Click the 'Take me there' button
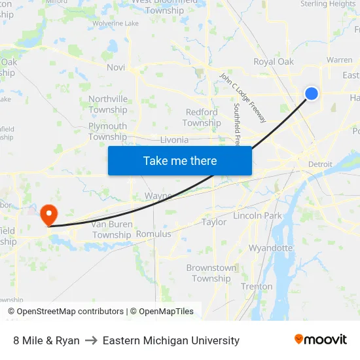tap(179, 160)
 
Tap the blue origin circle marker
tap(312, 94)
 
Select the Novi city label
tap(116, 67)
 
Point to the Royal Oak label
tap(274, 62)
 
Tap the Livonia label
tap(174, 140)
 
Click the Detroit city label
tap(320, 164)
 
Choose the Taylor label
tap(214, 222)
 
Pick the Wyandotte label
tap(270, 248)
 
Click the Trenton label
tap(257, 286)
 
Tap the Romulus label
tap(153, 234)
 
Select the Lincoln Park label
tap(257, 215)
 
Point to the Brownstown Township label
tap(211, 273)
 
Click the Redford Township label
tap(202, 118)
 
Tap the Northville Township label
tap(108, 104)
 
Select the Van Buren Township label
tap(111, 230)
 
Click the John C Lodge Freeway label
tap(243, 98)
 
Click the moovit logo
tap(321, 340)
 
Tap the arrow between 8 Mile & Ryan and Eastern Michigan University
tap(91, 340)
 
